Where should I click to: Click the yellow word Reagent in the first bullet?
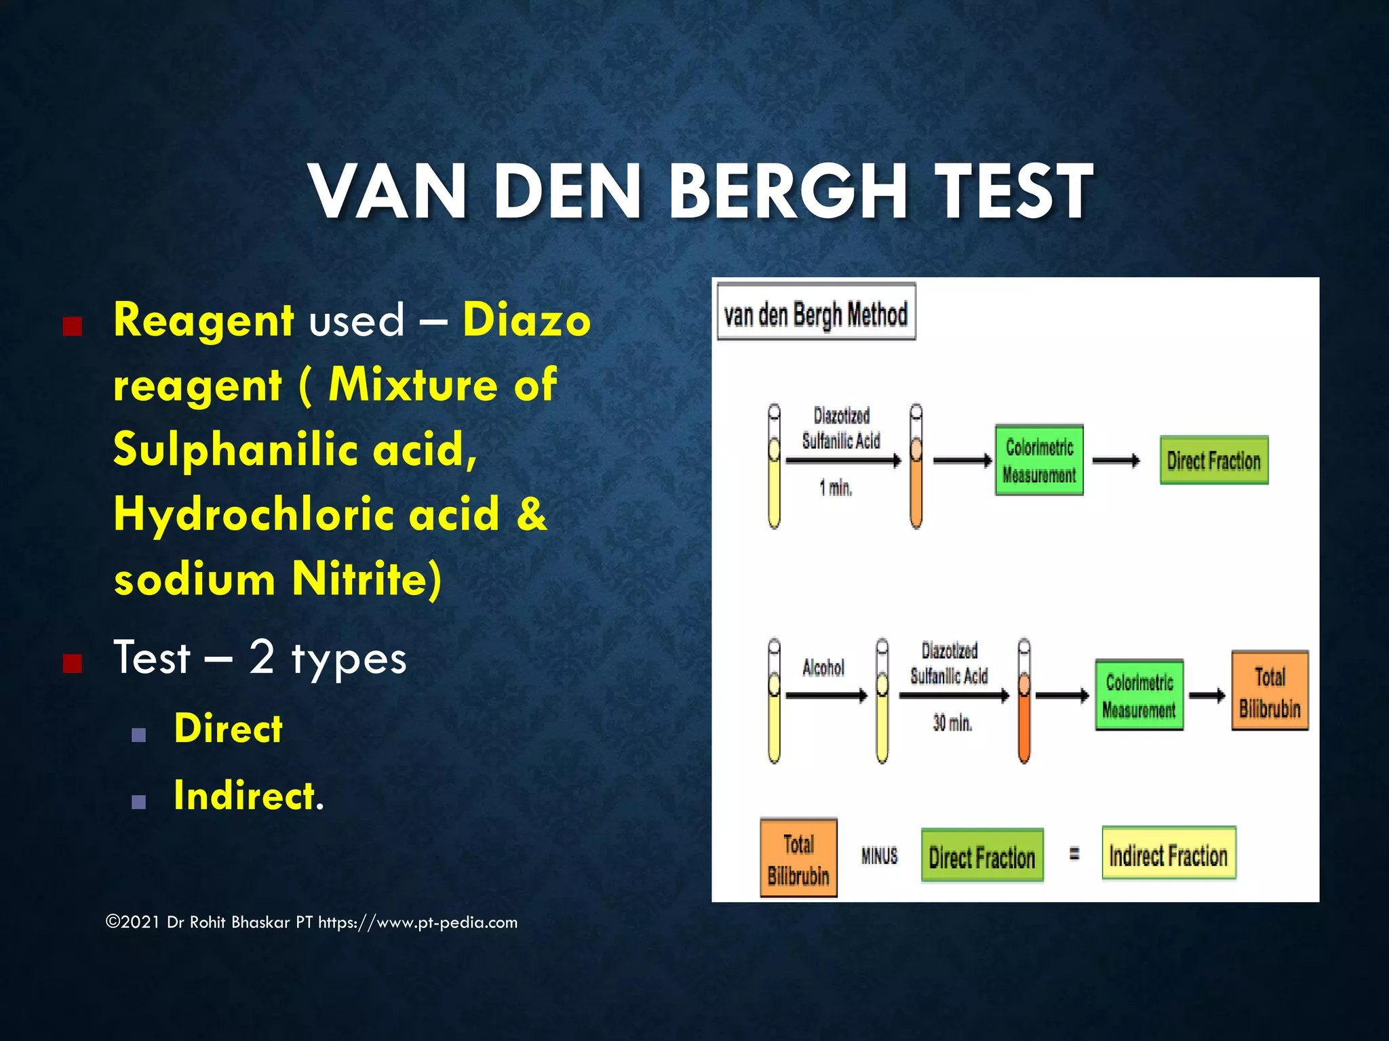[203, 320]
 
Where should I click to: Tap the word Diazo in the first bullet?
[526, 320]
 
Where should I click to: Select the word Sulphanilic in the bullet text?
[235, 449]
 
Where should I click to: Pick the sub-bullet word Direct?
[228, 729]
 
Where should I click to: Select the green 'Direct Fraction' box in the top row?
[1213, 461]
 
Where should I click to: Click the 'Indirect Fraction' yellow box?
[1169, 855]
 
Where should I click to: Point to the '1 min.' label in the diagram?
[836, 488]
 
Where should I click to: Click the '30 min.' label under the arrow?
[952, 723]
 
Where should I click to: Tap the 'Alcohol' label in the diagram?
[823, 668]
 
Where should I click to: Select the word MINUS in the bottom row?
[879, 856]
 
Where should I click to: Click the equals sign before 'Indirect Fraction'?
[1074, 855]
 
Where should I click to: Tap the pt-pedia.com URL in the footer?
[418, 922]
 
